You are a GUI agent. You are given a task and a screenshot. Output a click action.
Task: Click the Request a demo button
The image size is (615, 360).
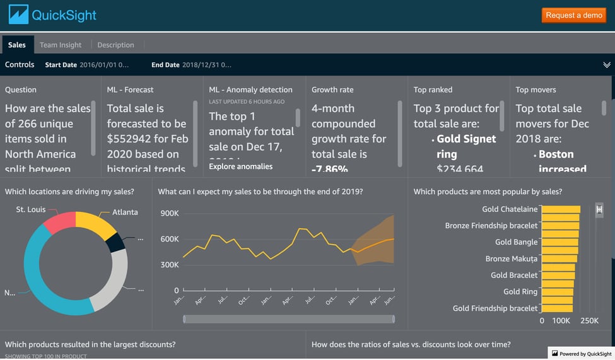tap(574, 15)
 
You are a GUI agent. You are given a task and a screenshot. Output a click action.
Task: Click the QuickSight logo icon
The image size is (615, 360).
tap(18, 15)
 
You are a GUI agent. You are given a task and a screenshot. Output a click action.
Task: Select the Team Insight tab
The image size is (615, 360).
tap(61, 45)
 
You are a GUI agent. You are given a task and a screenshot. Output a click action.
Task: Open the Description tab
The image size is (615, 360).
tap(115, 45)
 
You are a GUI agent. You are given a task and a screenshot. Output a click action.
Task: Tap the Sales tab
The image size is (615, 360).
tap(17, 45)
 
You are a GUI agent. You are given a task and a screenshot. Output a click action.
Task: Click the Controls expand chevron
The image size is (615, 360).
tap(606, 65)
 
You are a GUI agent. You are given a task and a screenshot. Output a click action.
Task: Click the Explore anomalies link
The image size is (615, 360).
tap(241, 166)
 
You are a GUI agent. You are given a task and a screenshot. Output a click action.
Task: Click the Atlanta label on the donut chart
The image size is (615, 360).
tap(125, 212)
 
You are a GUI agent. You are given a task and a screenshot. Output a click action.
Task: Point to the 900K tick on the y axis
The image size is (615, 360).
tap(169, 213)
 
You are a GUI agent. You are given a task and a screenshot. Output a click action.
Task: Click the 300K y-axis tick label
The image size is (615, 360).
tap(169, 265)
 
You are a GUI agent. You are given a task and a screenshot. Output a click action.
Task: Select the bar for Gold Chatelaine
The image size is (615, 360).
tap(561, 209)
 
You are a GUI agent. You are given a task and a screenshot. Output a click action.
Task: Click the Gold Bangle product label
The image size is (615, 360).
tap(516, 242)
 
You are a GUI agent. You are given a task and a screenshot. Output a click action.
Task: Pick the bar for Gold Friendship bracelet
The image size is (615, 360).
tap(557, 308)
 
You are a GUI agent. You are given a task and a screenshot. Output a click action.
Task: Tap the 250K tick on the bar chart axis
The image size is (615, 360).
tap(589, 321)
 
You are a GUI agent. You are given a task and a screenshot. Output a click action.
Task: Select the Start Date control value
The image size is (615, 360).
tap(104, 65)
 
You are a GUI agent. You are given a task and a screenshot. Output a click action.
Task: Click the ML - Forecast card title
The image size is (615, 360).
tap(130, 90)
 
